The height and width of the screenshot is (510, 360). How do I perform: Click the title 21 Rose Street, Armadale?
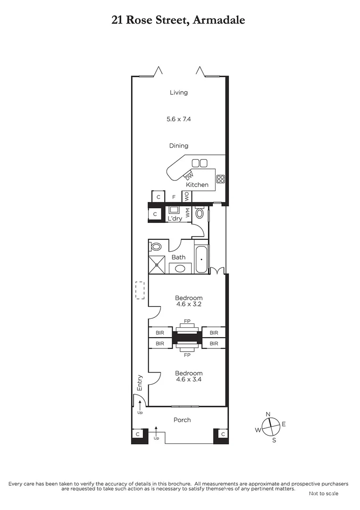178,20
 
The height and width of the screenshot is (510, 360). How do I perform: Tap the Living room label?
179,93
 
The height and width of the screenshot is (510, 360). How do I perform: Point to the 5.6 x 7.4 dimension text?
179,119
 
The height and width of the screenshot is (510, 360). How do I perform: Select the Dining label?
179,146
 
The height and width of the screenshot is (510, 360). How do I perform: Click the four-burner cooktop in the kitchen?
220,179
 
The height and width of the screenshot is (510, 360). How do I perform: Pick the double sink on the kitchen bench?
200,163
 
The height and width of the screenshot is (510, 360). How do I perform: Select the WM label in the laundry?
187,212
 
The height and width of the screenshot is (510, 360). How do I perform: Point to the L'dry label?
175,219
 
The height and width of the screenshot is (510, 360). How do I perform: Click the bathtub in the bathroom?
201,259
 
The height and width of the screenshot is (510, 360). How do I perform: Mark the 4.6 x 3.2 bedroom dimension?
189,305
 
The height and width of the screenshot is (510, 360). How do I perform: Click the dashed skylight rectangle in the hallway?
140,290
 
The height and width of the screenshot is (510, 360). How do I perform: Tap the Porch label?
182,420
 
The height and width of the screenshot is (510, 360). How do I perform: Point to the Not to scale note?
323,493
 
